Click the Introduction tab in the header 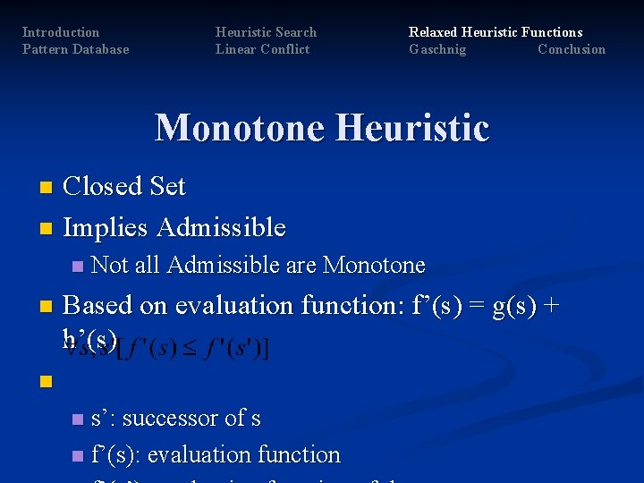60,32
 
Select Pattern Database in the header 75,49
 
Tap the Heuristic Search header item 266,32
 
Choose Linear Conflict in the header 262,49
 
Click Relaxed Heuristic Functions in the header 496,32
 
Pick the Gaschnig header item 437,49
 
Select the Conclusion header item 572,49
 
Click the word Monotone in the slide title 239,128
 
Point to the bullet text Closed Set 124,186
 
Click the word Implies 106,227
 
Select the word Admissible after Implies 221,227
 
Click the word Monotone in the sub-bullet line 374,265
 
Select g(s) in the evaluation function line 510,305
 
